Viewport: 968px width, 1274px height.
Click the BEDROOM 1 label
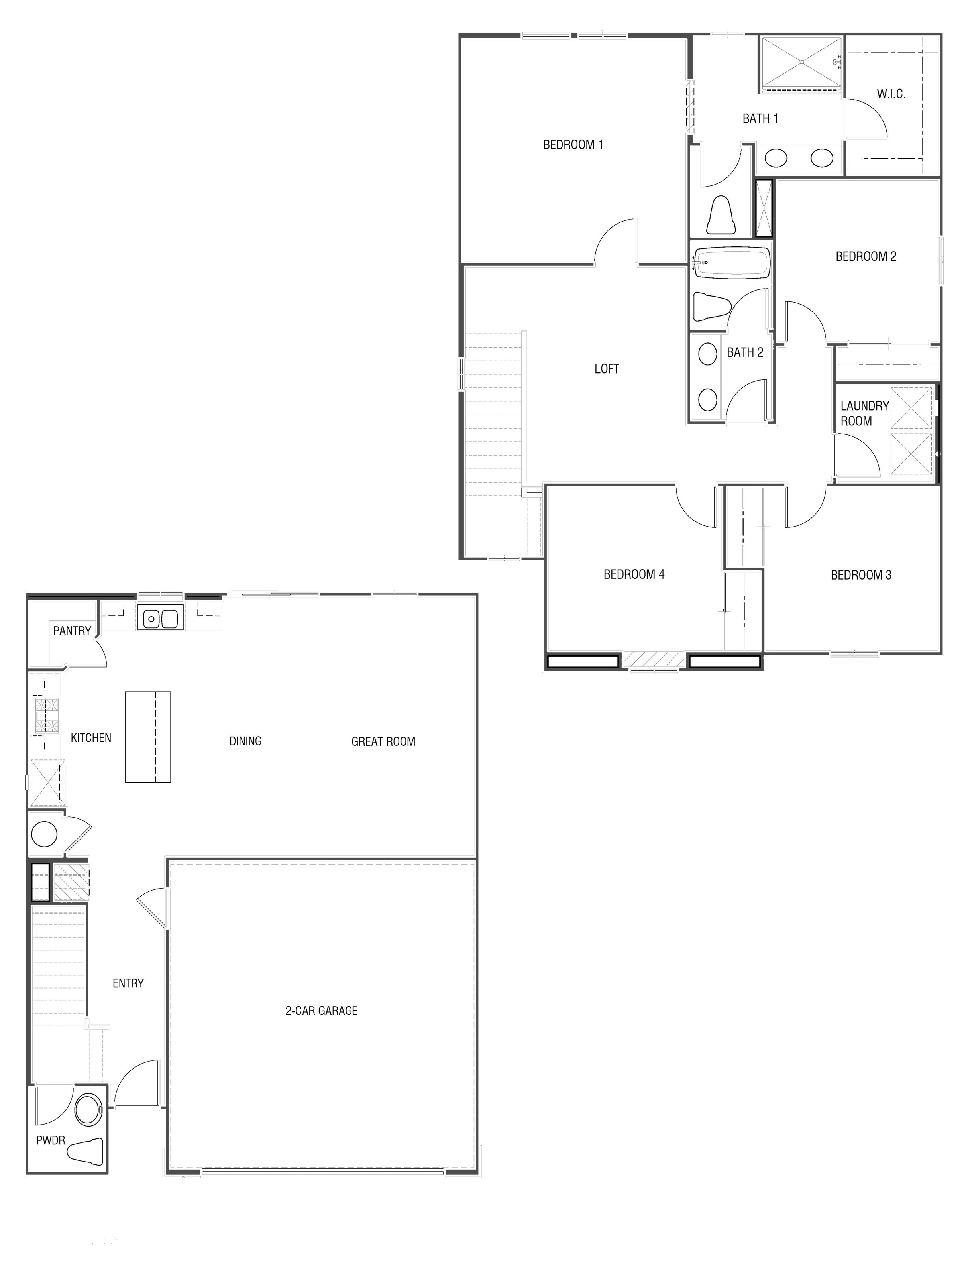click(573, 145)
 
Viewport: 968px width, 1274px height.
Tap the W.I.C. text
click(891, 94)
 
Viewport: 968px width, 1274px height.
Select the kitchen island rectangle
click(148, 737)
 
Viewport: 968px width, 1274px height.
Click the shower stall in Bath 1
click(801, 62)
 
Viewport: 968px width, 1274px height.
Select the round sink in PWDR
click(88, 1109)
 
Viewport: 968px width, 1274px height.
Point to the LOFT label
click(606, 369)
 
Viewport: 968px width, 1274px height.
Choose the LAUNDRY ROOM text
click(863, 413)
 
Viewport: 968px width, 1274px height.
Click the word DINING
click(245, 741)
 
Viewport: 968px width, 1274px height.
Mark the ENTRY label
click(128, 983)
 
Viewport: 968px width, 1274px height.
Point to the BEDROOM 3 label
click(861, 575)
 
